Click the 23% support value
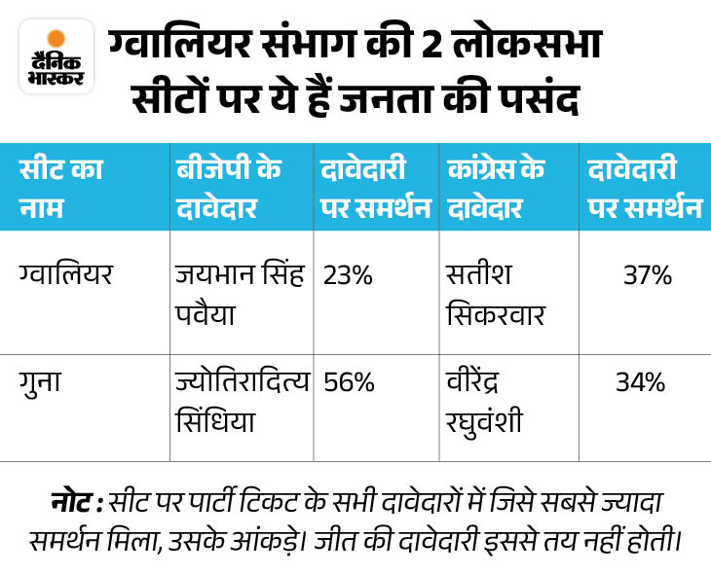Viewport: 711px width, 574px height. coord(348,276)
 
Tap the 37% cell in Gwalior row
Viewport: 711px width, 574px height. coord(648,276)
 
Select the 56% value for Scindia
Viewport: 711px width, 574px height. coord(348,382)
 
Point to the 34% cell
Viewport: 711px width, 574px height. coord(640,382)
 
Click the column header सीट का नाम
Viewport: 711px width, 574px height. coord(60,187)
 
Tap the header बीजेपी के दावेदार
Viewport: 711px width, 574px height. coord(228,187)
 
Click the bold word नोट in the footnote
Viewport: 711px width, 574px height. coord(74,505)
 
